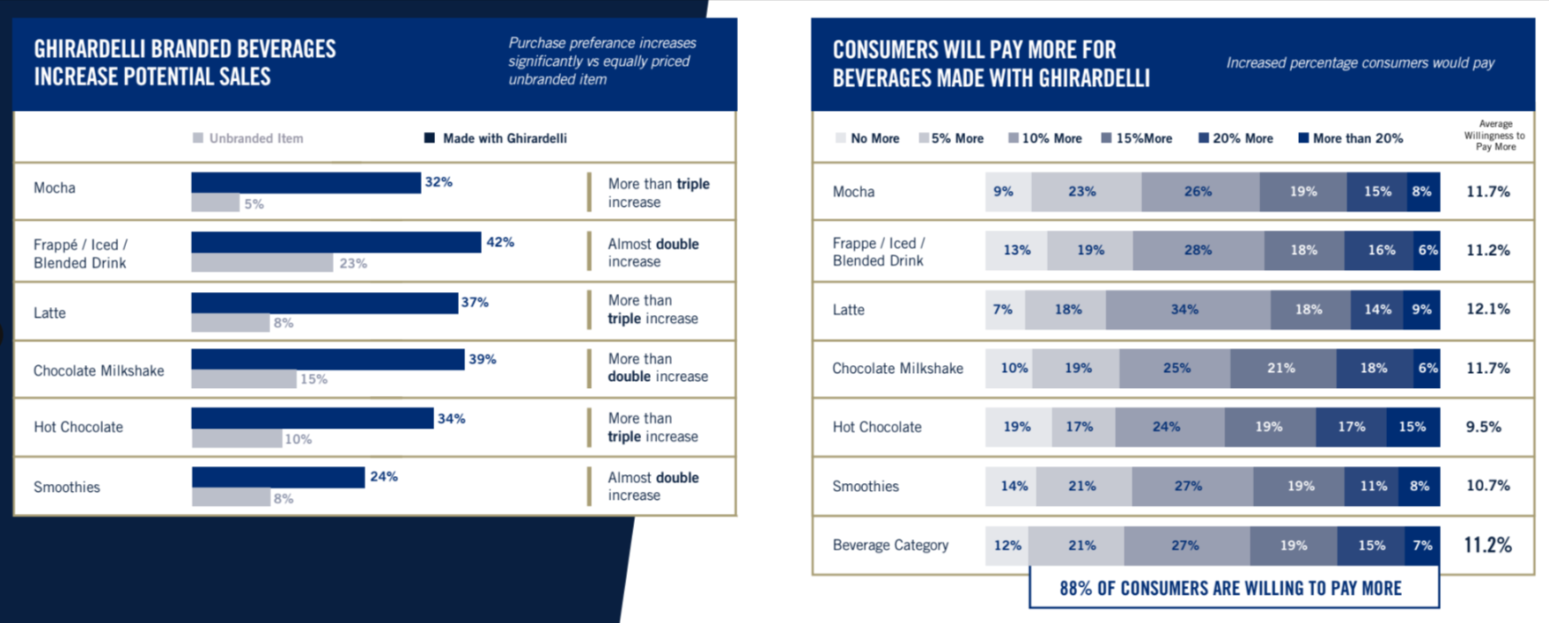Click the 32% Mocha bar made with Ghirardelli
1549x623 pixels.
click(x=306, y=183)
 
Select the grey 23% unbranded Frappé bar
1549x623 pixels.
click(x=262, y=263)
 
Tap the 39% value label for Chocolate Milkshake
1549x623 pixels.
click(x=482, y=359)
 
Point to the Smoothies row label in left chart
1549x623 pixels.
click(x=67, y=487)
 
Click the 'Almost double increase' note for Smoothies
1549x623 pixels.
click(x=653, y=487)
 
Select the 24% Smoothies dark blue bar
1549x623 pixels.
click(x=278, y=477)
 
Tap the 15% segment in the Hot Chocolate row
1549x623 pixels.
click(x=1413, y=427)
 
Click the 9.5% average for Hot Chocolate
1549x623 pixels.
click(x=1483, y=427)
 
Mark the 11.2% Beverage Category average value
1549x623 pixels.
click(x=1487, y=545)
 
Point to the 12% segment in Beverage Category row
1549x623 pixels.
click(x=1007, y=546)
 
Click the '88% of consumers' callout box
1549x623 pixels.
click(x=1233, y=588)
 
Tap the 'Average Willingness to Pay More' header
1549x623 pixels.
click(x=1494, y=136)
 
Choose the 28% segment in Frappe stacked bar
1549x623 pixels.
click(x=1198, y=251)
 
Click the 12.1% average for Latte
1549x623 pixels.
click(x=1487, y=310)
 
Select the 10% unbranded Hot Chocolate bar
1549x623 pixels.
click(x=236, y=438)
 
